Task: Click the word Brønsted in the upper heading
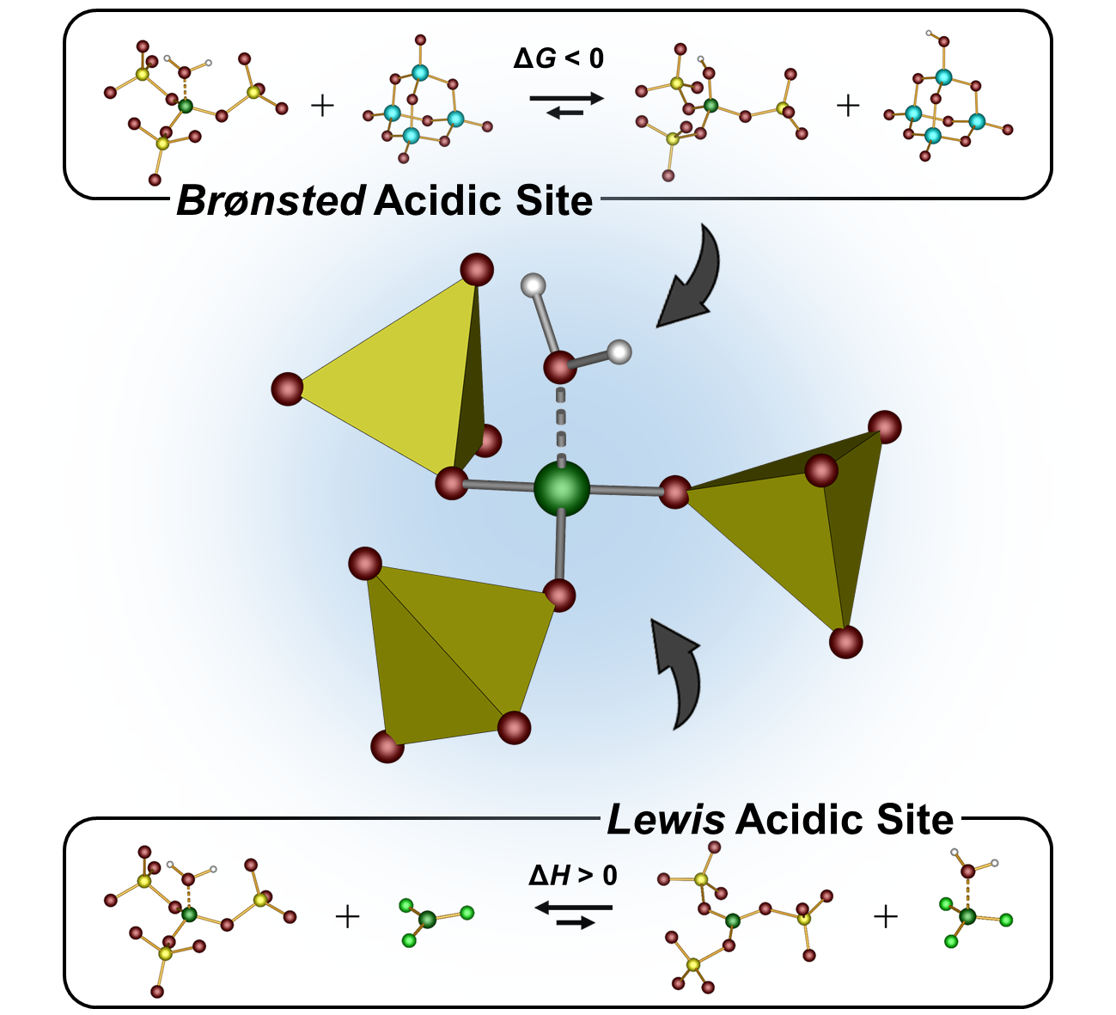coord(271,200)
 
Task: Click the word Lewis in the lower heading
coord(666,820)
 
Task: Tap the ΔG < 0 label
coord(558,58)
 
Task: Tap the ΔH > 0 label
coord(572,876)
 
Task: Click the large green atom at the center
coord(562,488)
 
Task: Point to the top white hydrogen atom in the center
coord(534,284)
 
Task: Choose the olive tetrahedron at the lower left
coord(447,653)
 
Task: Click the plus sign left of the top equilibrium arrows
coord(322,107)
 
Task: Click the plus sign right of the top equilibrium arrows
coord(848,106)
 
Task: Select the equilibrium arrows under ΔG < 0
coord(566,105)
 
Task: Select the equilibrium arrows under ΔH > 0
coord(573,914)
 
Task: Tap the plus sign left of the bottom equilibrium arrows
coord(347,917)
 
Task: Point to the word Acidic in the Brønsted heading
coord(438,200)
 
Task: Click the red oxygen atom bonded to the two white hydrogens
coord(560,368)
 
